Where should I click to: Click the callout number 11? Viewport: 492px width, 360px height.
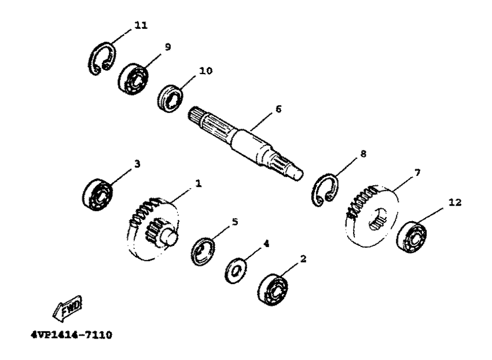[141, 25]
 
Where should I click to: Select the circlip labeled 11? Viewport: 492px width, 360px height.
[101, 58]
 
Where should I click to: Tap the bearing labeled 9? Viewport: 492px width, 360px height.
[133, 79]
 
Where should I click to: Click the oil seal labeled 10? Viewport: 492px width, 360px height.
[170, 98]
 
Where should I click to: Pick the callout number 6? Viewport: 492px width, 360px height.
[278, 109]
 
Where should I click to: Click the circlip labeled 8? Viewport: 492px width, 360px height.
[325, 190]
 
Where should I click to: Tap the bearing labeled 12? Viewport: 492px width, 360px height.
[412, 237]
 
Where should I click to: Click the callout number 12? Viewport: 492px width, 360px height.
[456, 203]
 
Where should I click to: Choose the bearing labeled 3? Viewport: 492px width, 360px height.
[97, 194]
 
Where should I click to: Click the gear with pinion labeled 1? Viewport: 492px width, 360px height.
[154, 229]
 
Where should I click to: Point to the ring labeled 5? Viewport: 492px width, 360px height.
[203, 252]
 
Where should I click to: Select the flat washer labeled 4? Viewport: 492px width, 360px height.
[236, 270]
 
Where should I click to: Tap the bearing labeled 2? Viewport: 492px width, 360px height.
[273, 290]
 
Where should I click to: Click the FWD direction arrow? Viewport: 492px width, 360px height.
[67, 309]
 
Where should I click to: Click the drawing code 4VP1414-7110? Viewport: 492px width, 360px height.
[72, 335]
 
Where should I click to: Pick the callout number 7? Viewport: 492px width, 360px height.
[417, 172]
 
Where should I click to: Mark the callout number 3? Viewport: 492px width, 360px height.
[137, 164]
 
